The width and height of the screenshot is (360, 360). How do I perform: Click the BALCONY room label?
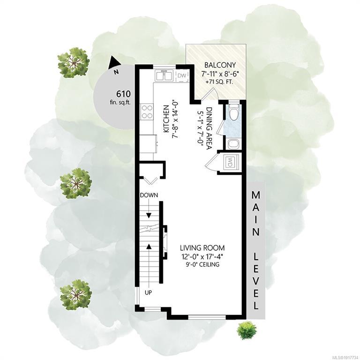[x=220, y=65]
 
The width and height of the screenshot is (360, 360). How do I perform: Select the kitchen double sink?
[x=164, y=75]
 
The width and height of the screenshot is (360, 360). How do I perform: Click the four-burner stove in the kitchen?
[x=147, y=112]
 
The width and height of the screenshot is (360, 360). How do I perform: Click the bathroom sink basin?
[x=234, y=144]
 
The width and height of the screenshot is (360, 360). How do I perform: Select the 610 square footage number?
[x=124, y=94]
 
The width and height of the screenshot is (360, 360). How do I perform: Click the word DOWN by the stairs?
[x=149, y=195]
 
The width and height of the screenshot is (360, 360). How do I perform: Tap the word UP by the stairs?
[x=148, y=292]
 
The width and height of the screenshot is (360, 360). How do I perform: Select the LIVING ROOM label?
[x=202, y=248]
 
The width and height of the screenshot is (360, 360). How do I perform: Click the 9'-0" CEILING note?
[x=202, y=264]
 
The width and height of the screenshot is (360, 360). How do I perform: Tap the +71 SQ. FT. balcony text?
[x=220, y=82]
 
